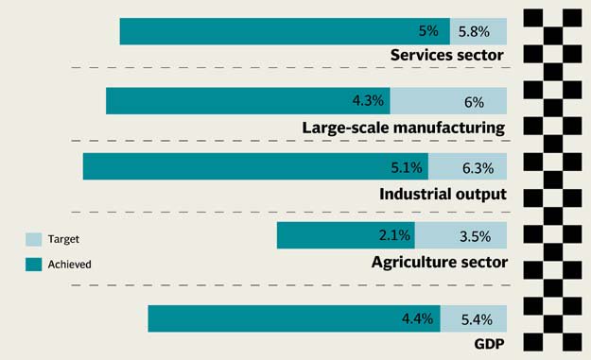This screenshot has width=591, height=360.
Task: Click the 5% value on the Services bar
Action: pos(428,31)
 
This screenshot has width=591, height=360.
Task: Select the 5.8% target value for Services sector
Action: pos(474,31)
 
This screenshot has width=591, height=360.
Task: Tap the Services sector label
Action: pos(447,55)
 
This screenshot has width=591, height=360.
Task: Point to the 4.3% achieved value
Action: pos(368,100)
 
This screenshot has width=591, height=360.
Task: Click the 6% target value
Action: pos(474,102)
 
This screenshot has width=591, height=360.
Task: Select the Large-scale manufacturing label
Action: pos(404,128)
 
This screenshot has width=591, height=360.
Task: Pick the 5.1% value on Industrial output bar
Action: pos(407,167)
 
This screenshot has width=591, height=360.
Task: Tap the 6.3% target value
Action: pos(478,168)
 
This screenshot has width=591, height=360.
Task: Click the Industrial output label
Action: pos(443,195)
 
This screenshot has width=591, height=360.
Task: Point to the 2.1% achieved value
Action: pos(394,235)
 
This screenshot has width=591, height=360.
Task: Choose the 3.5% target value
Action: pos(476,236)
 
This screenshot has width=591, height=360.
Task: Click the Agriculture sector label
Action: pos(440,262)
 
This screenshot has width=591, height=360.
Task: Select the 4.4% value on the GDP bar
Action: pos(417,319)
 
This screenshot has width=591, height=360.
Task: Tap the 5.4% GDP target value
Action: pos(477,319)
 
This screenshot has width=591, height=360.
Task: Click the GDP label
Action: pos(489,344)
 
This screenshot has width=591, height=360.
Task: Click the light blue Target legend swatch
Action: pos(33,239)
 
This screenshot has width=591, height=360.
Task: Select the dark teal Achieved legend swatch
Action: pos(33,265)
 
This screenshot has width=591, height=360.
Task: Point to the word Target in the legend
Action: pos(63,239)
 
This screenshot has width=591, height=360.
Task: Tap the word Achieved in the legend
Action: pos(69,265)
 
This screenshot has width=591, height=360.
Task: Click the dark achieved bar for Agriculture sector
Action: pos(346,235)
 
